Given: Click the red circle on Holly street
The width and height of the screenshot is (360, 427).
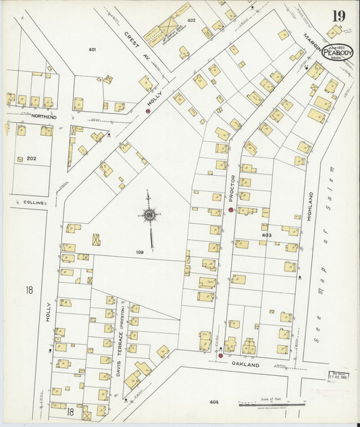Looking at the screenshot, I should [x=148, y=111].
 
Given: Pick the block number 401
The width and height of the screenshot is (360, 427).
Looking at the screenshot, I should [x=93, y=50].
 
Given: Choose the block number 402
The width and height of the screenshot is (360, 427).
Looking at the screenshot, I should [x=191, y=21].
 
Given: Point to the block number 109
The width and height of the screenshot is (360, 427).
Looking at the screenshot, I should [x=140, y=252].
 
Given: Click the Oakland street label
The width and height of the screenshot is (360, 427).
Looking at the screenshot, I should [x=250, y=364].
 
